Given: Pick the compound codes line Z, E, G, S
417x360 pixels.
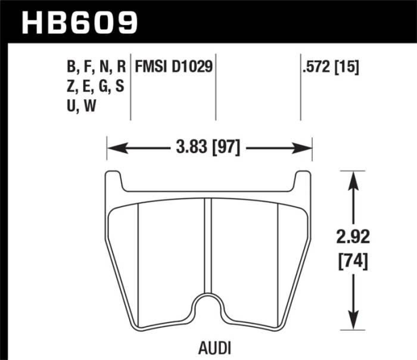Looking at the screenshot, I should pos(95,86).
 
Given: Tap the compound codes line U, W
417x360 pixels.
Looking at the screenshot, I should pos(82,107).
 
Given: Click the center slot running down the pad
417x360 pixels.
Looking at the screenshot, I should pos(208,244).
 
